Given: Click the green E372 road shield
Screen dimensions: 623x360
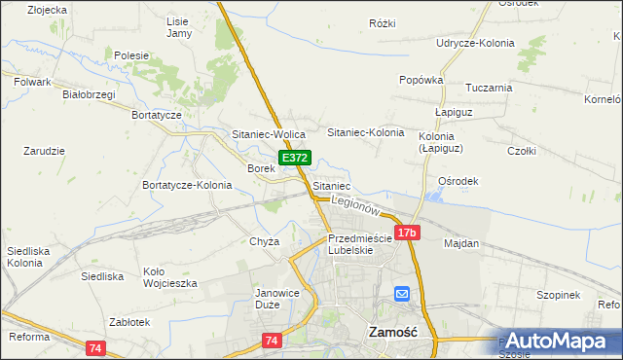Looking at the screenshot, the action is click(296, 158).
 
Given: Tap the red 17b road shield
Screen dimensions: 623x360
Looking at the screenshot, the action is click(408, 233).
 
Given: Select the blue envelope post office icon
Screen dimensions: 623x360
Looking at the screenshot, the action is click(402, 294).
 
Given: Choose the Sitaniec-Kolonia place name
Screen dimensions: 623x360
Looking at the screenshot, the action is click(365, 131).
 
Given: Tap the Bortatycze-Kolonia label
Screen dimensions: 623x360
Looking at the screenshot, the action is click(187, 185).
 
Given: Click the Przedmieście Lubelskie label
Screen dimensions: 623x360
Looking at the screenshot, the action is click(360, 243).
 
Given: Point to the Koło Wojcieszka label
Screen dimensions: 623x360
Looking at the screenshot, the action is click(170, 277).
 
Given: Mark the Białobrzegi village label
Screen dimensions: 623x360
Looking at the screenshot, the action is click(89, 94).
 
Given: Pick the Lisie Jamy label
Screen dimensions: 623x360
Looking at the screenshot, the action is click(178, 27).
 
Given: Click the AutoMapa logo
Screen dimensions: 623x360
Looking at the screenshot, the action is click(558, 342).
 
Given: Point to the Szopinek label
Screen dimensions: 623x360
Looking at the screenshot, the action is click(558, 295).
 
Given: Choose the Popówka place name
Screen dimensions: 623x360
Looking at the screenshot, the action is click(421, 80).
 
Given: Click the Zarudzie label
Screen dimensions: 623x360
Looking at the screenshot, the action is click(44, 151).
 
